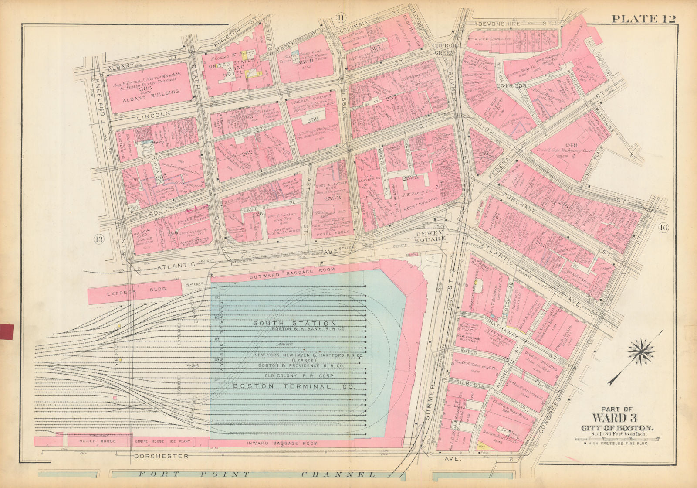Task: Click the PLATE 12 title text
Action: pos(643,19)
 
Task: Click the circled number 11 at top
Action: pos(340,17)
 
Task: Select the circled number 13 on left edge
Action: pos(99,239)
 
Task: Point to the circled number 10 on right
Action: pos(663,227)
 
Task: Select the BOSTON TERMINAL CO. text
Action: pos(294,386)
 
